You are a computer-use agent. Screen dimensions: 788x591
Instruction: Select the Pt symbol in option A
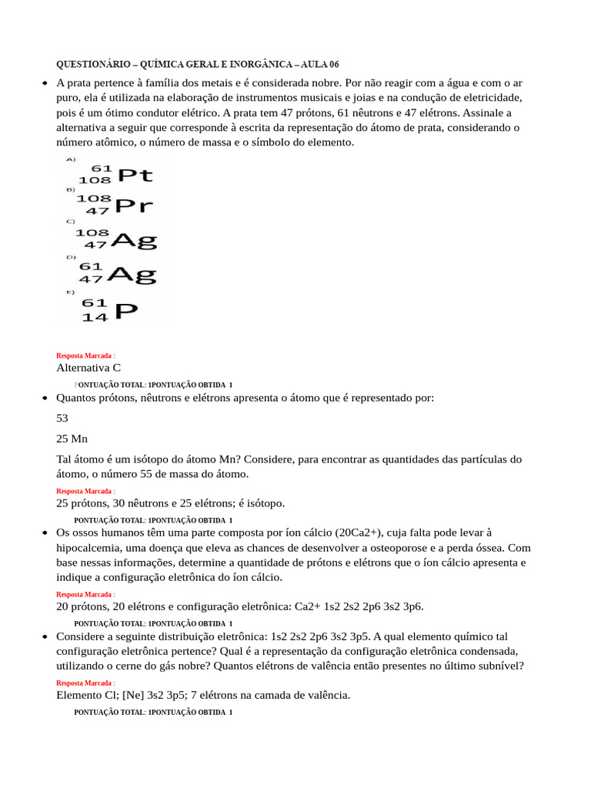(135, 175)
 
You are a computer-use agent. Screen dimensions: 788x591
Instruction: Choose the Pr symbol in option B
(134, 205)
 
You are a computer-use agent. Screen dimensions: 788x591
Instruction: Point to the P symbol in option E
(126, 311)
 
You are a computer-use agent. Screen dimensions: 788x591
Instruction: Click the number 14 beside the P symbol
(95, 317)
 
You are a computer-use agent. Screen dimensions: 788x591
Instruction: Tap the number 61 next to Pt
(102, 168)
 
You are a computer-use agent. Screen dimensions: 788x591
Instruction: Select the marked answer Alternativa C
(88, 368)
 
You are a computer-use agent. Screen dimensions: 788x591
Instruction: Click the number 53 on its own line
(62, 419)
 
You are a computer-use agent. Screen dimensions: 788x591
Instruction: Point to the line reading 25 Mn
(72, 439)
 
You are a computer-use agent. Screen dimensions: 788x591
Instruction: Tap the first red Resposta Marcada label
(85, 356)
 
